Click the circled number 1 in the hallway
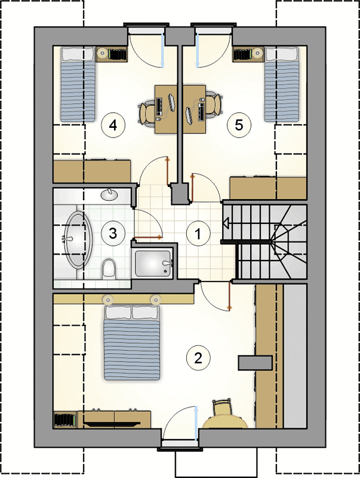(198, 234)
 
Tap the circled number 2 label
(198, 358)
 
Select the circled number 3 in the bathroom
(113, 234)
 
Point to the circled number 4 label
(113, 125)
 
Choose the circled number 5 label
(239, 125)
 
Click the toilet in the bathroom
(109, 269)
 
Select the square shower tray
(153, 264)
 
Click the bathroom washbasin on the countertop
(109, 195)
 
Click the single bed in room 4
(78, 84)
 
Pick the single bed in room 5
(281, 84)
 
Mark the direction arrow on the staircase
(226, 223)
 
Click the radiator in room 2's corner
(65, 420)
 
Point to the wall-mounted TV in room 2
(112, 424)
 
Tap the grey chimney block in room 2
(256, 363)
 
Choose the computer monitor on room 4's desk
(171, 102)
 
